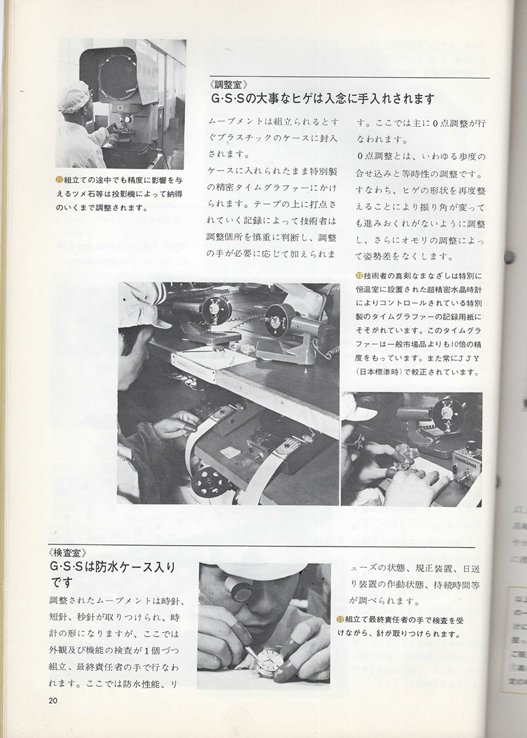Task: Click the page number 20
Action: (x=54, y=700)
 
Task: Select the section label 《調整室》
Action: (x=228, y=84)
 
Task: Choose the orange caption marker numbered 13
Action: (x=340, y=619)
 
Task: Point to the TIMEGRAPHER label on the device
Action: (x=466, y=454)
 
